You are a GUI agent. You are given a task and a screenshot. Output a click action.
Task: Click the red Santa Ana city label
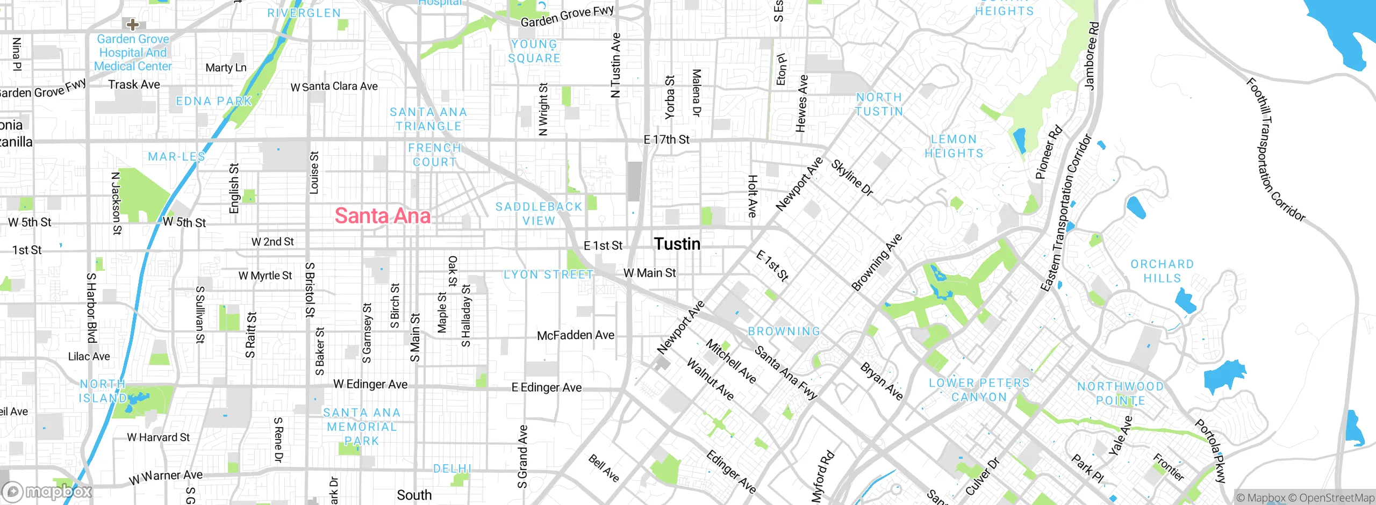point(382,216)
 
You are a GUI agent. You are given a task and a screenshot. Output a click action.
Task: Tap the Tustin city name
point(677,244)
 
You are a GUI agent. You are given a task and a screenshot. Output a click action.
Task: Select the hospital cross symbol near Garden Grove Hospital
point(132,24)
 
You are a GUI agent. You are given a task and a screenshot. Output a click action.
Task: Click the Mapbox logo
point(47,492)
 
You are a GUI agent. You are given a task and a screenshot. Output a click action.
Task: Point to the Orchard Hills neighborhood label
point(1162,271)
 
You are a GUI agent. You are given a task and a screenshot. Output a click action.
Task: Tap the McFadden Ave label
point(575,335)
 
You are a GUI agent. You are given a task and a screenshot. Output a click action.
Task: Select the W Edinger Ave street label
point(370,384)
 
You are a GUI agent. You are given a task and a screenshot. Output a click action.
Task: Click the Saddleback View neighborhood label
point(539,214)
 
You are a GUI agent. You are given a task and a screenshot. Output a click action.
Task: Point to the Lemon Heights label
point(954,146)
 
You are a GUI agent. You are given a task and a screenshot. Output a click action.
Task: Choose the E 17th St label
point(666,140)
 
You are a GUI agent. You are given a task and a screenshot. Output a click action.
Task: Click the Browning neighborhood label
point(784,331)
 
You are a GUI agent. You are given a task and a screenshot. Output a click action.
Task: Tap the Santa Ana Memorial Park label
point(362,427)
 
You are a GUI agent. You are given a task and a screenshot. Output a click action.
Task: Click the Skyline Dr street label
point(852,178)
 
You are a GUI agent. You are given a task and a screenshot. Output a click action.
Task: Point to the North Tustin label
point(879,104)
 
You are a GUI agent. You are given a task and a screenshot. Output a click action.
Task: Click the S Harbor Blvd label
point(91,307)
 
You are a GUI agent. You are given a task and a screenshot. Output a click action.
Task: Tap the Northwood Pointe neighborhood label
point(1120,393)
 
